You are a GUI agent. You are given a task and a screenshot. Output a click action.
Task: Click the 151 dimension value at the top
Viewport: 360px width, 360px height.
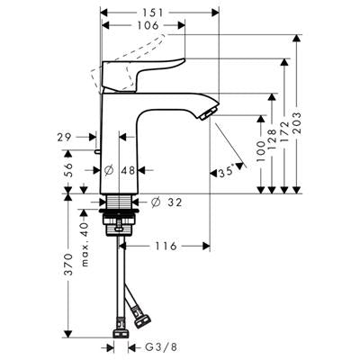point(153,13)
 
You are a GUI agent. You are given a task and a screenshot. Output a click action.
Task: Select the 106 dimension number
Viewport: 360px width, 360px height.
point(148,25)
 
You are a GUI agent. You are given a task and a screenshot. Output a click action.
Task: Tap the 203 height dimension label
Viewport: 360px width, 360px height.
point(297,124)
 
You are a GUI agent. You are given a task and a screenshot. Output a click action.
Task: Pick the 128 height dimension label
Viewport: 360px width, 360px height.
point(272,140)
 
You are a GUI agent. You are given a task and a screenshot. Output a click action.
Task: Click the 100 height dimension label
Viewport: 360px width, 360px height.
point(261,151)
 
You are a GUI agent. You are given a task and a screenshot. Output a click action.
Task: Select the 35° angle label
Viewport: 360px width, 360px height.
point(227,172)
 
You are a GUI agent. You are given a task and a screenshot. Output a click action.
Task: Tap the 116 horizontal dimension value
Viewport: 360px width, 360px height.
point(166,247)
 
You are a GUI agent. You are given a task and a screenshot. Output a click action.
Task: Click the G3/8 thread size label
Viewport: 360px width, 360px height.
point(161,347)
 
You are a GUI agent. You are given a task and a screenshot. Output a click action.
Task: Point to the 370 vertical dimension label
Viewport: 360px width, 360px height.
point(68,265)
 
